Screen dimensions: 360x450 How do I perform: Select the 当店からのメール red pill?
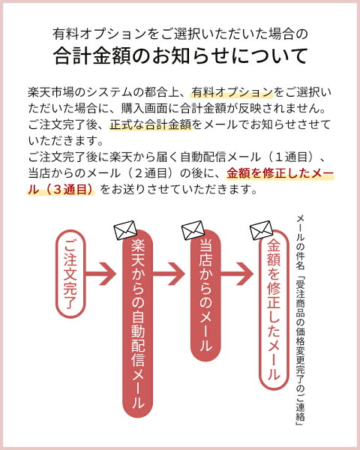[205, 295]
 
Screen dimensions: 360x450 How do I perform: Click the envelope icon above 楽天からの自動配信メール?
[125, 230]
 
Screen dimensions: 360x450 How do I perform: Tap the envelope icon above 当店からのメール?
[193, 230]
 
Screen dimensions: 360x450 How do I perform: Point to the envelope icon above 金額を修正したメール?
[261, 230]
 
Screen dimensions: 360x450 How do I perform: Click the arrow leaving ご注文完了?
[100, 274]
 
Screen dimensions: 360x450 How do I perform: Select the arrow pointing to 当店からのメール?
[169, 274]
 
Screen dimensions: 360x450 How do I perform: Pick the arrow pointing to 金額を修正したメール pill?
[237, 274]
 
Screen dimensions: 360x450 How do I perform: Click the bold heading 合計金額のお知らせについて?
[180, 55]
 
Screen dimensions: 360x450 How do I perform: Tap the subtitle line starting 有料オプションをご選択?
[180, 34]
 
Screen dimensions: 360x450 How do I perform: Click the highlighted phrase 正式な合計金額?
[151, 124]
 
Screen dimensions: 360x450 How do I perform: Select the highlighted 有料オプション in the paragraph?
[232, 92]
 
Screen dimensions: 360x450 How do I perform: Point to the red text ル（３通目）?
[61, 190]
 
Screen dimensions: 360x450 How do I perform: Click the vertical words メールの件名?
[300, 242]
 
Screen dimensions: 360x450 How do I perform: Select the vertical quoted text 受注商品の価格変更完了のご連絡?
[300, 352]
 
